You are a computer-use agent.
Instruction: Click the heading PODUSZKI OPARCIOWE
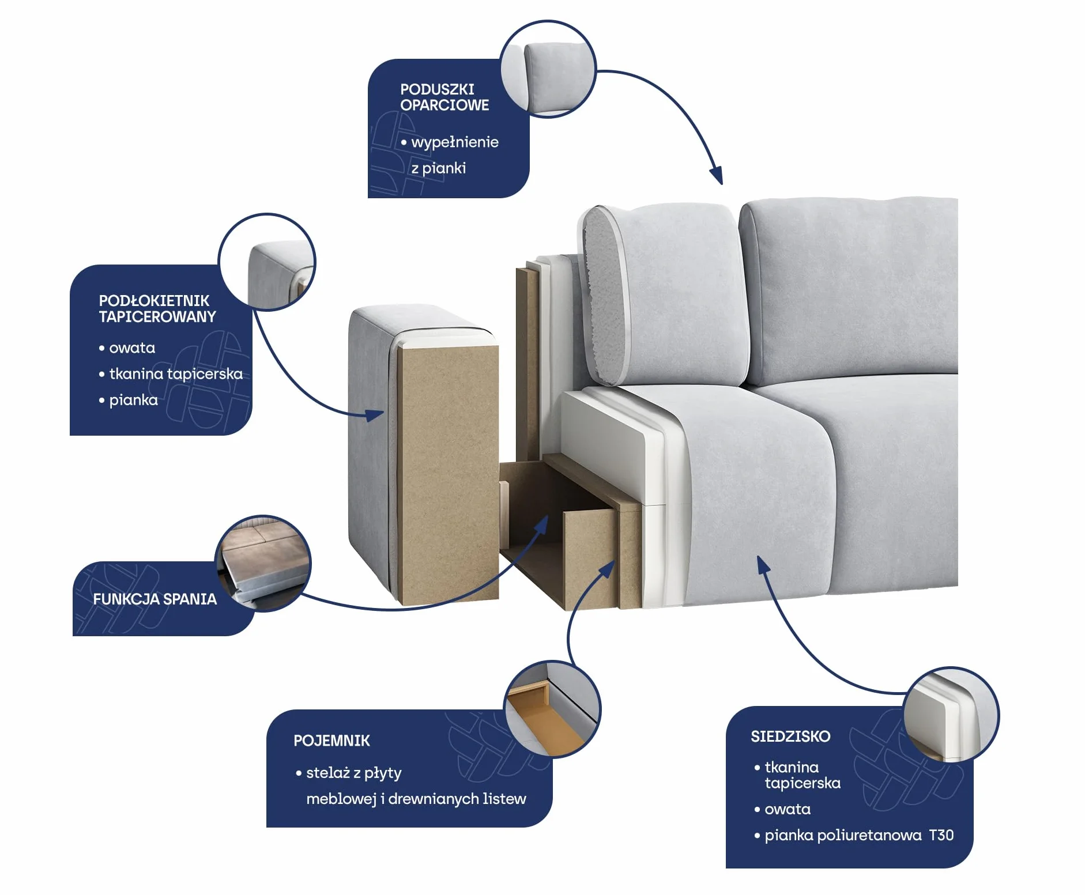(x=444, y=97)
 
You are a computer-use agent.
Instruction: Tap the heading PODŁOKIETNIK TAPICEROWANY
(x=157, y=308)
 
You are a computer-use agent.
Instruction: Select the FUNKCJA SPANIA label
(x=155, y=599)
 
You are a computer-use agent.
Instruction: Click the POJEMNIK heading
(x=331, y=741)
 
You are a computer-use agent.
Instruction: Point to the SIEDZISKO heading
(x=790, y=736)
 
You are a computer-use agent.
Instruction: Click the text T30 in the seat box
(x=941, y=835)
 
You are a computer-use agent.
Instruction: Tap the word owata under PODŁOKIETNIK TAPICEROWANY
(x=132, y=348)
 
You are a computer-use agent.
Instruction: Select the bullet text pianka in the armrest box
(x=133, y=400)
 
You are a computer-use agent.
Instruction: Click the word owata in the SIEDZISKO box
(x=788, y=809)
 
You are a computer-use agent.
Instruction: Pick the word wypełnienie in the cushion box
(x=455, y=142)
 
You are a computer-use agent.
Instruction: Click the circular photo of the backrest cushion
(x=548, y=69)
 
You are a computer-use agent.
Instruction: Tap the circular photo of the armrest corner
(x=267, y=262)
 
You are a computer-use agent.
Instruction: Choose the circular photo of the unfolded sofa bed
(x=263, y=564)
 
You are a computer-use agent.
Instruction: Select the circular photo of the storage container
(x=552, y=709)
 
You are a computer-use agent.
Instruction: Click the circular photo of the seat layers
(x=951, y=715)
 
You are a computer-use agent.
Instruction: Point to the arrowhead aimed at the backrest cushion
(x=717, y=175)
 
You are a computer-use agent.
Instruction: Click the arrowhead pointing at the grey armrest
(x=375, y=415)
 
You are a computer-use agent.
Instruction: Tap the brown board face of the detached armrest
(x=447, y=473)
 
